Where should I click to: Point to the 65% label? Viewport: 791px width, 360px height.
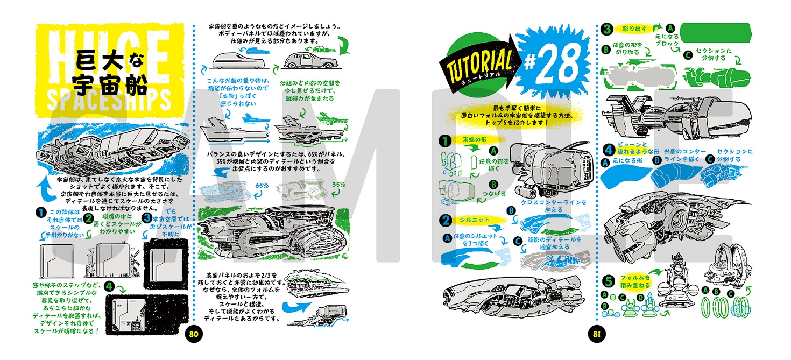(x=262, y=185)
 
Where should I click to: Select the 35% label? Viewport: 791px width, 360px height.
(x=338, y=184)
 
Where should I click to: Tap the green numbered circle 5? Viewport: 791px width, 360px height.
(x=608, y=280)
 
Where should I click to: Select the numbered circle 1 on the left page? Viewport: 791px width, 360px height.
(x=39, y=213)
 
